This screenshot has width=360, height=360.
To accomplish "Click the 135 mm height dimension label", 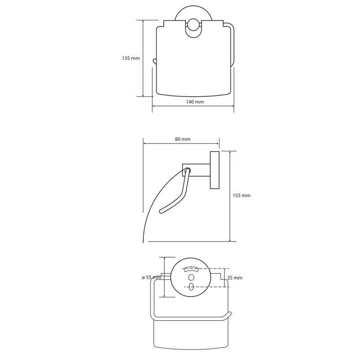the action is (x=130, y=58).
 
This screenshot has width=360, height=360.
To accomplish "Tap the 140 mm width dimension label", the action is (x=195, y=102).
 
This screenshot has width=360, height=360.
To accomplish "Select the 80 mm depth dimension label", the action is (x=183, y=139).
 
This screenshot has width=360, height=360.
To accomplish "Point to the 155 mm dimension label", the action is (x=241, y=195).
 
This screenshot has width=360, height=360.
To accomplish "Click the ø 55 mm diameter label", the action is (x=152, y=277).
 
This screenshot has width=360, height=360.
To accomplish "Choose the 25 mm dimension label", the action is (x=234, y=278).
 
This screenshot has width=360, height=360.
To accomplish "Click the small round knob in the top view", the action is (x=193, y=25).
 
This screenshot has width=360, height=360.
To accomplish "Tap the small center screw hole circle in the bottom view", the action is (x=191, y=278).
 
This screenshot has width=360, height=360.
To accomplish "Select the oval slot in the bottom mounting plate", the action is (x=191, y=287).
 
